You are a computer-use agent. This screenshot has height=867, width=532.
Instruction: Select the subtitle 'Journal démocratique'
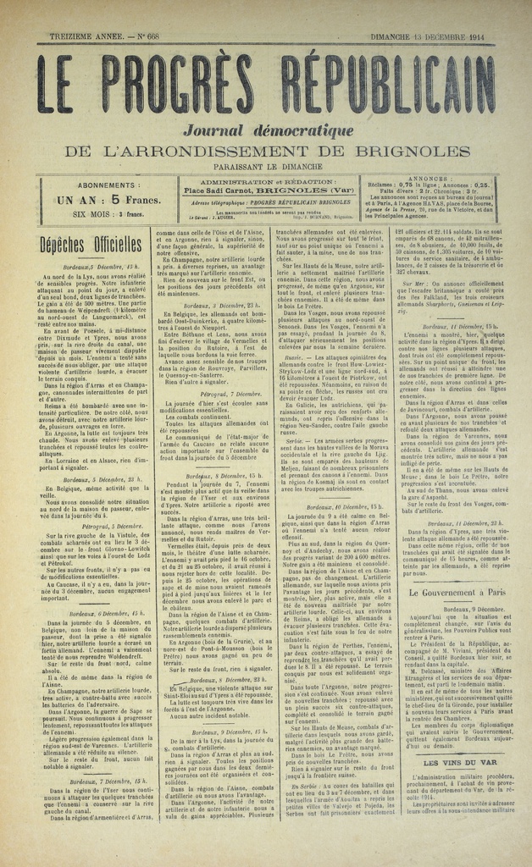point(266,130)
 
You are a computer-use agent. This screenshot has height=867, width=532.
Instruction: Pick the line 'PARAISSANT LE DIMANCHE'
point(266,167)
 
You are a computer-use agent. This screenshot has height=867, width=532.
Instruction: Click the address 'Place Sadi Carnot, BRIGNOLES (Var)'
point(263,191)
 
